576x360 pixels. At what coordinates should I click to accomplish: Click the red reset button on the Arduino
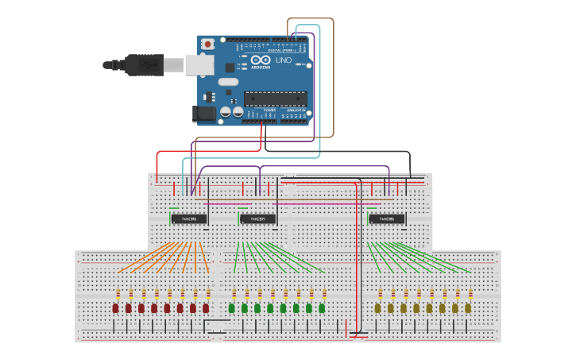(208, 44)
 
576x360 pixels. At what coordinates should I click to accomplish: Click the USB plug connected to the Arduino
(144, 64)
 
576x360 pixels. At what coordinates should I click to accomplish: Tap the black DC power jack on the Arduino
(205, 114)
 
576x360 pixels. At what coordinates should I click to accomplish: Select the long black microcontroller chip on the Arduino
(275, 99)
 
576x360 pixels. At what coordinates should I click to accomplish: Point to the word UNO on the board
(284, 60)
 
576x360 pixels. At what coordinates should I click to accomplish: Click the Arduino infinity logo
(261, 60)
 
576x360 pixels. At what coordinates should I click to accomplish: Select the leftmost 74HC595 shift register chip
(189, 219)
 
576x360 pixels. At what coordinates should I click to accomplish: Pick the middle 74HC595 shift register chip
(258, 219)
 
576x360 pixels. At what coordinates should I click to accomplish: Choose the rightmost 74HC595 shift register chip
(387, 219)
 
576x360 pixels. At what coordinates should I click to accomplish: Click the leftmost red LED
(115, 308)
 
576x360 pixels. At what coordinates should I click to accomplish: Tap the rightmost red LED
(206, 308)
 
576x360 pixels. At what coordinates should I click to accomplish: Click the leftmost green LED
(231, 308)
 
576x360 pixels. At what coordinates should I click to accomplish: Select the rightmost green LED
(322, 308)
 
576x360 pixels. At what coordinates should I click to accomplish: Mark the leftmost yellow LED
(377, 308)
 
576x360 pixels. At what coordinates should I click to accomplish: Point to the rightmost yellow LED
(468, 308)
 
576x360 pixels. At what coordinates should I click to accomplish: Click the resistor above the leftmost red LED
(118, 292)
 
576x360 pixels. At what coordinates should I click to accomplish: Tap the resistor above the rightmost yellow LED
(470, 292)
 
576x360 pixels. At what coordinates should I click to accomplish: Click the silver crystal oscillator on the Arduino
(228, 81)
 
